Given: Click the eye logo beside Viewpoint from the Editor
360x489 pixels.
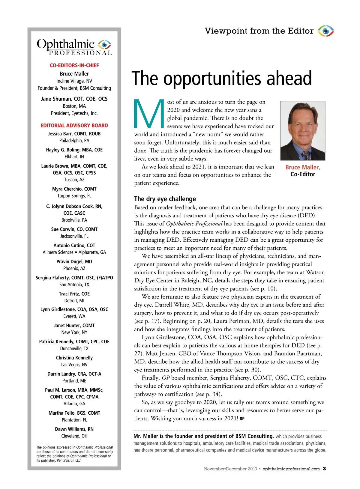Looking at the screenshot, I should click(326, 31).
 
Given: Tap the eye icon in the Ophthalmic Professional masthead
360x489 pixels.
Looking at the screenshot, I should click(104, 44).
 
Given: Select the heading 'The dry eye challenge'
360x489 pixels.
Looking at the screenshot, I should click(165, 199).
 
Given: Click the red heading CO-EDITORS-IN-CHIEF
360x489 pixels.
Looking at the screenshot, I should click(74, 65).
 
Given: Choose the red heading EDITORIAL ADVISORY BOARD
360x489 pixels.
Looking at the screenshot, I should click(74, 125).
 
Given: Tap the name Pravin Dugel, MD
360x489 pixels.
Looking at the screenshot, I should click(74, 261).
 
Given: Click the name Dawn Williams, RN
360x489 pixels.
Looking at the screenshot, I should click(74, 429).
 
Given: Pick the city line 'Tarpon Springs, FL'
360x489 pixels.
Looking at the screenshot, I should click(74, 196).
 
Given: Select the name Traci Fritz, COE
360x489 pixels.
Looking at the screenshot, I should click(74, 294).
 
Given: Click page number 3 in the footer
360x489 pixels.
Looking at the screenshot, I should click(324, 469).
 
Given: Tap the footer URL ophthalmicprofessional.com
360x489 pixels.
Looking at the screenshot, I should click(291, 469).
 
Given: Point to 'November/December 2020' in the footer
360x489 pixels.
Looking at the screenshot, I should click(230, 469).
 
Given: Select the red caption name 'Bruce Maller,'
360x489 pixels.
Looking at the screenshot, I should click(303, 167).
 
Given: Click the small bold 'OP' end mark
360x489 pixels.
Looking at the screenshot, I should click(242, 419).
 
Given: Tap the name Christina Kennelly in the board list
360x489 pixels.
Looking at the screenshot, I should click(74, 358).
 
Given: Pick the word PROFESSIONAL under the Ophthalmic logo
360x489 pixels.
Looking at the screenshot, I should click(80, 53).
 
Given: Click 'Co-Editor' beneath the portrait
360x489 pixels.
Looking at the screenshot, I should click(303, 174).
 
